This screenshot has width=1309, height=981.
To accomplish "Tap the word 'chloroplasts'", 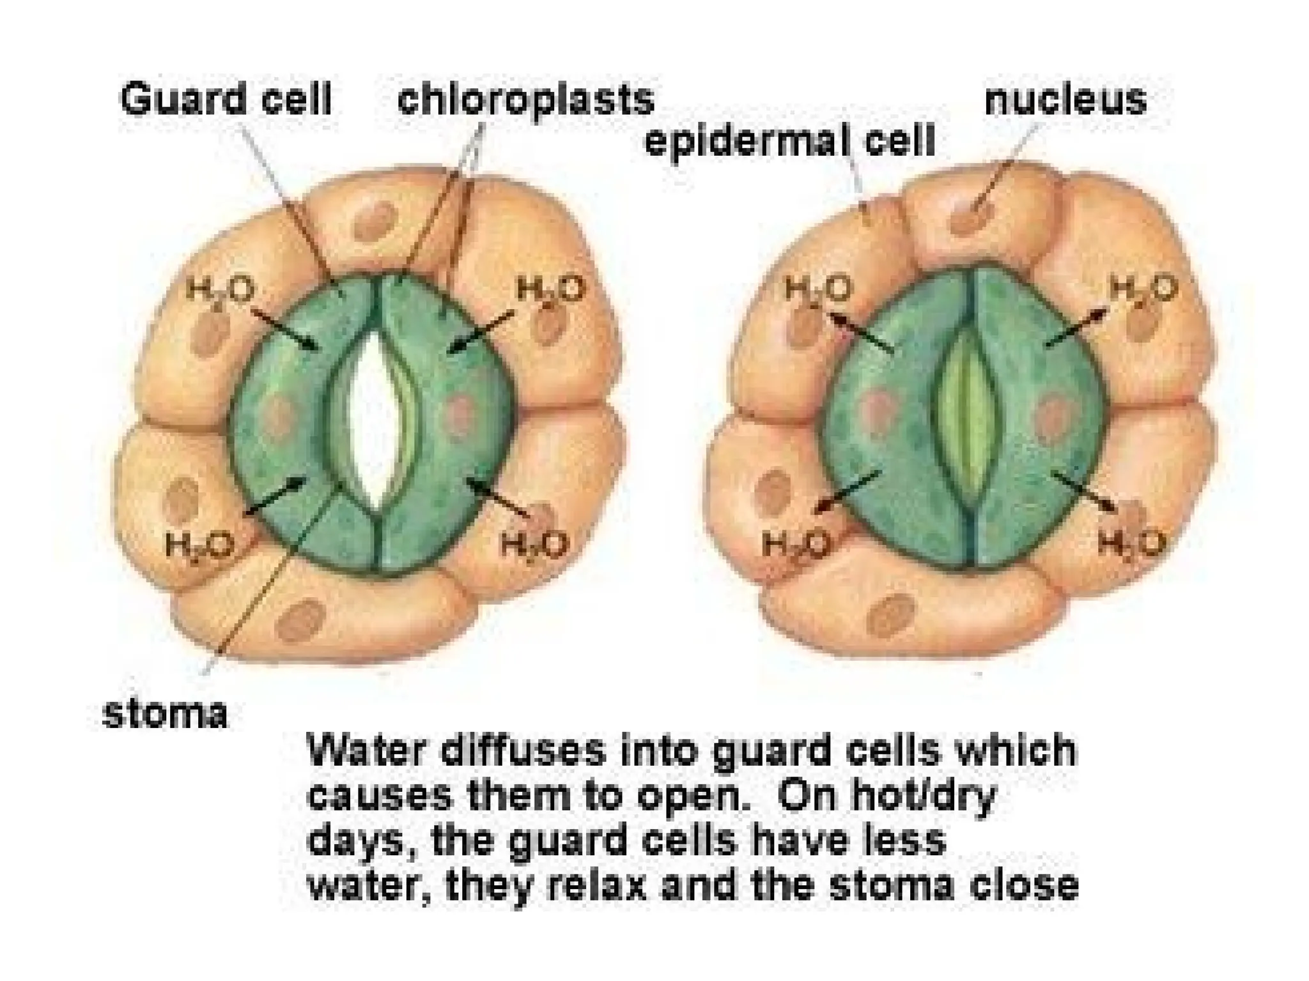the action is point(525,100).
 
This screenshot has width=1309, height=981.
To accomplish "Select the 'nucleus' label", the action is point(1065,100).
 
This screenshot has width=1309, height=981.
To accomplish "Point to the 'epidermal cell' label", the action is point(790,140).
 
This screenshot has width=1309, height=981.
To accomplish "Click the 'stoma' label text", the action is point(165,713).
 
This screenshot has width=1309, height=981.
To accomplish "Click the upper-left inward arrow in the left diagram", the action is point(286,330).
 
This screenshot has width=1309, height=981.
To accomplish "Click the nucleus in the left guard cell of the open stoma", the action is point(279,413).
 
